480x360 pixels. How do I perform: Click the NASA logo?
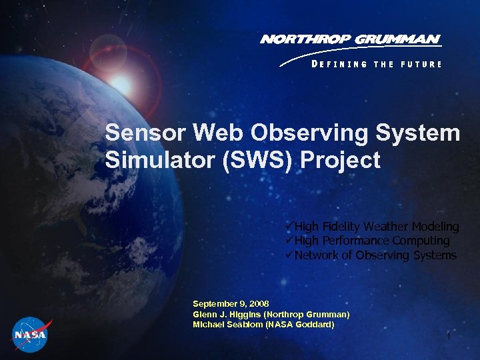pos(30,334)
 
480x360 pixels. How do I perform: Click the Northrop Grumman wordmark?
pos(350,39)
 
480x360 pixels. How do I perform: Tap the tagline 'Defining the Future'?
pos(376,64)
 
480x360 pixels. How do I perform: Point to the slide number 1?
pos(449,337)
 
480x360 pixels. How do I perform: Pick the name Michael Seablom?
pos(227,325)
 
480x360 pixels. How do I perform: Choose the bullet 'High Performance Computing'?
pos(371,241)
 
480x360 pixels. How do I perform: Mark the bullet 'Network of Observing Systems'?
pos(374,255)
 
